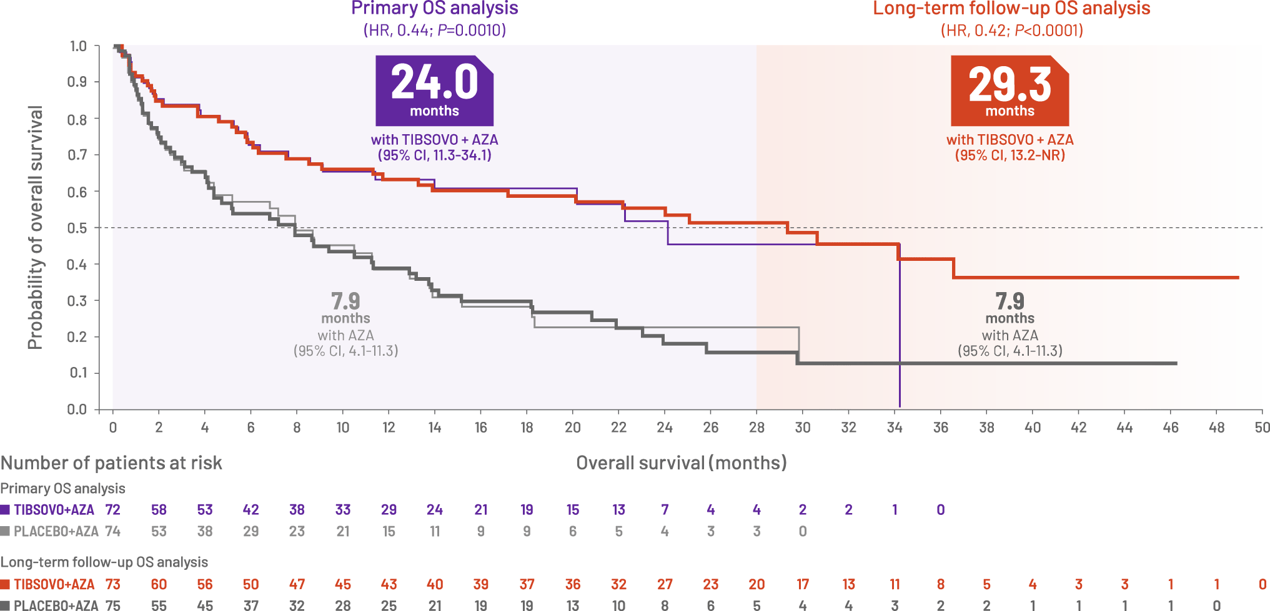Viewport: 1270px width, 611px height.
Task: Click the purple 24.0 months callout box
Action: pyautogui.click(x=434, y=90)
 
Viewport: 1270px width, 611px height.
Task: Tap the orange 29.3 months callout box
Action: pyautogui.click(x=1010, y=90)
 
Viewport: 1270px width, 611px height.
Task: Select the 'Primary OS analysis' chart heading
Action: pyautogui.click(x=434, y=8)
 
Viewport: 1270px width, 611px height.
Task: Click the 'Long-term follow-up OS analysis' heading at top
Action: pyautogui.click(x=1011, y=8)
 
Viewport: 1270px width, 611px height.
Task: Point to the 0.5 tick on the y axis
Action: pyautogui.click(x=77, y=228)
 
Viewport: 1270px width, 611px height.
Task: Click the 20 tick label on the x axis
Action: pyautogui.click(x=573, y=428)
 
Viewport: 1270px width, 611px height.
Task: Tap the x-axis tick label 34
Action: pyautogui.click(x=895, y=428)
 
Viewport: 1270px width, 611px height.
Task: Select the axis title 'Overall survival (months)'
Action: pyautogui.click(x=682, y=463)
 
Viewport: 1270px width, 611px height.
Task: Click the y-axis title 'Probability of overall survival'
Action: pyautogui.click(x=35, y=228)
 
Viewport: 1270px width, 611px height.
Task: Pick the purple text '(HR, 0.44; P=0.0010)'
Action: pyautogui.click(x=434, y=30)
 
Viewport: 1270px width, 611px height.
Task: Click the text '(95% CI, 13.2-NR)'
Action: pyautogui.click(x=1010, y=155)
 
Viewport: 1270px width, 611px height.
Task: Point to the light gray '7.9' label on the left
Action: pyautogui.click(x=345, y=301)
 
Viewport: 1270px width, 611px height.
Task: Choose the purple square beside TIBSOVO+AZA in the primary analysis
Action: pyautogui.click(x=6, y=510)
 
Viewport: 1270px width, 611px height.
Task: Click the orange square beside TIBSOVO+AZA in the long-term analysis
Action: pyautogui.click(x=6, y=585)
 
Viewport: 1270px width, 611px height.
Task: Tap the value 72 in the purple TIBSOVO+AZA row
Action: pyautogui.click(x=112, y=510)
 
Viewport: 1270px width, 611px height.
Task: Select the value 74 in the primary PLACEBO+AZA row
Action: pyautogui.click(x=112, y=532)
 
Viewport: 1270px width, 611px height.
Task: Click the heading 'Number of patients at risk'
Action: pyautogui.click(x=111, y=463)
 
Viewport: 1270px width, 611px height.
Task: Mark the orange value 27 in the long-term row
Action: pyautogui.click(x=665, y=585)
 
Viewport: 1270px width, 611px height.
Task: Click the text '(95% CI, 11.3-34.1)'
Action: pyautogui.click(x=434, y=155)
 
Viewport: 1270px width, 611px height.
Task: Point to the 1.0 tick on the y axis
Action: pyautogui.click(x=77, y=46)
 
